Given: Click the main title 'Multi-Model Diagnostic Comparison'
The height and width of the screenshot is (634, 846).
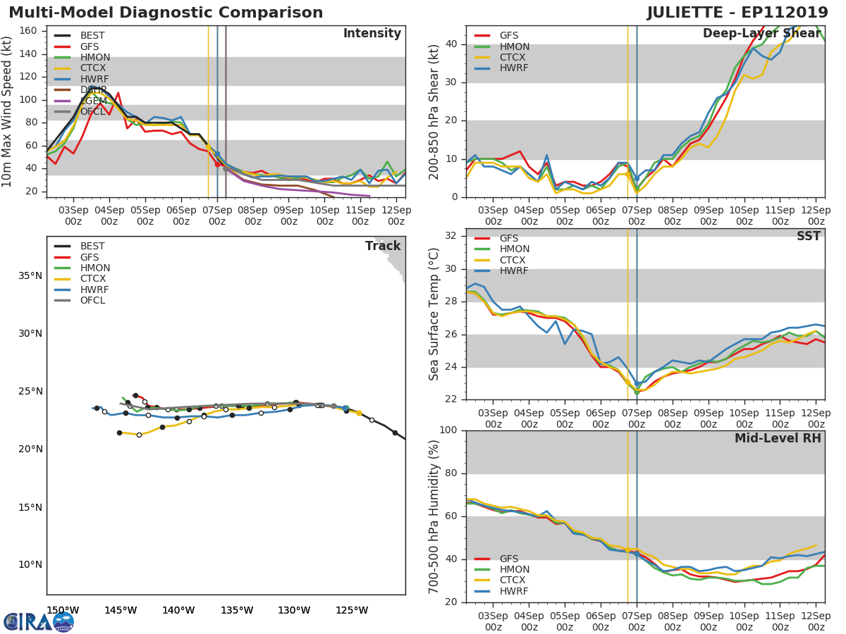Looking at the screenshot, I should (x=166, y=13).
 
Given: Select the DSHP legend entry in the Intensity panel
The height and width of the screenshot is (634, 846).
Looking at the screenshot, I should (x=92, y=90).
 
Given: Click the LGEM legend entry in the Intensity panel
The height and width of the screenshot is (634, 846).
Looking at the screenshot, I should (x=92, y=101).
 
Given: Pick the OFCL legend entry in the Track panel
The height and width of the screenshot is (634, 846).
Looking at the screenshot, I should (x=92, y=301).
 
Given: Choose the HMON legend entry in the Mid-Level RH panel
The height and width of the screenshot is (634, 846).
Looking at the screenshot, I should (x=514, y=570).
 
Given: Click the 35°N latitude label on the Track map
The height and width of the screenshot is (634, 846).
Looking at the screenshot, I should (x=30, y=275).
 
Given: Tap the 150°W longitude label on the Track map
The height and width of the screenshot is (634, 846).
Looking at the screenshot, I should (x=63, y=610).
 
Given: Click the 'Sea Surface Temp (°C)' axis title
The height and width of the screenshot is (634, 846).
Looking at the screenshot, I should (x=434, y=314).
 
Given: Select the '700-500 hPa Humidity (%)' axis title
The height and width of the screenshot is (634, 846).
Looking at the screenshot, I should (x=434, y=516).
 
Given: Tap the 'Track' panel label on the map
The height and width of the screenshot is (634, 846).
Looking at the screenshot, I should (x=383, y=247).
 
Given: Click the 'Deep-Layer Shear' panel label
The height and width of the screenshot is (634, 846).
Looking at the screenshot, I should (x=761, y=34).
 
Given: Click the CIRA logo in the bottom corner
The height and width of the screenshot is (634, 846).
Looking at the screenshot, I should (x=39, y=621).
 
